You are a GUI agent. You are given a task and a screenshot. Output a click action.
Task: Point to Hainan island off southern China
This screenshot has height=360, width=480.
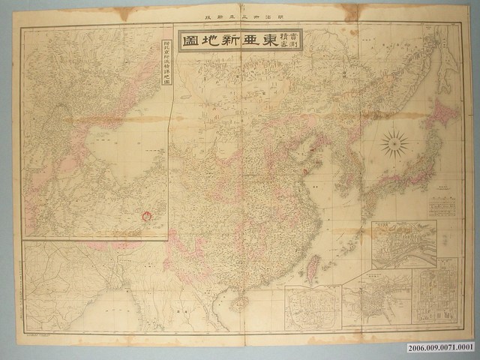click(241, 301)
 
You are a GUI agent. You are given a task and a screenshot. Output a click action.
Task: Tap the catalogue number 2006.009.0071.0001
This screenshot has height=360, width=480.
click(440, 349)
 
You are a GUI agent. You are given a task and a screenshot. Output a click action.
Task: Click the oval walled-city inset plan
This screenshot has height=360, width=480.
click(311, 307)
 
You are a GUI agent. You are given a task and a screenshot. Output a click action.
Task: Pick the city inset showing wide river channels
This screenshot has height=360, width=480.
click(403, 244)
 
